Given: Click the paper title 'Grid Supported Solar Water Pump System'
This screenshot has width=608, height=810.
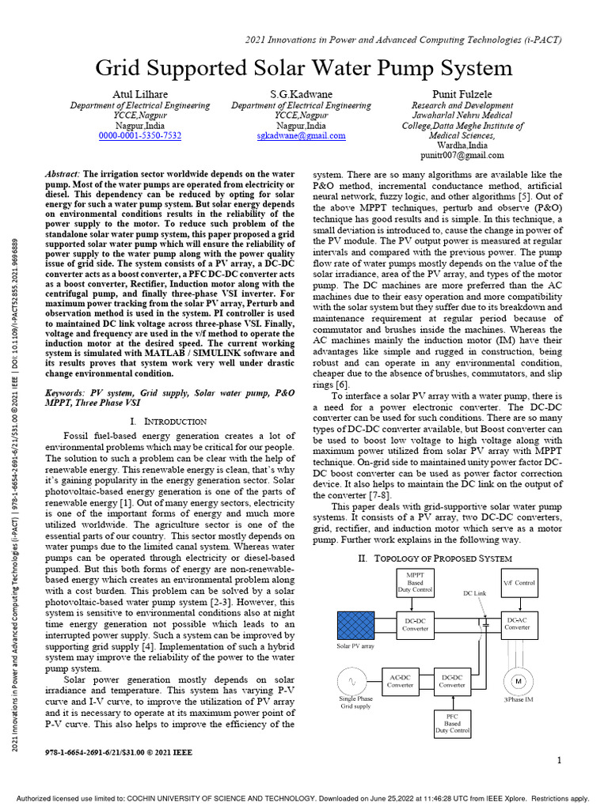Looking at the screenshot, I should tap(304, 68).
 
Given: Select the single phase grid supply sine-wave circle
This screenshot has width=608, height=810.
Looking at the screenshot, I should tap(354, 682).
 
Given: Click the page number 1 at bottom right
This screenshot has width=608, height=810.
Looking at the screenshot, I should tap(558, 760).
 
